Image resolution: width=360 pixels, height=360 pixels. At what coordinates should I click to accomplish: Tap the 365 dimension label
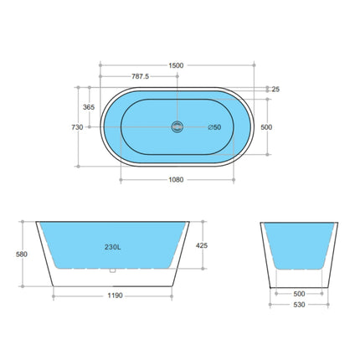(88, 107)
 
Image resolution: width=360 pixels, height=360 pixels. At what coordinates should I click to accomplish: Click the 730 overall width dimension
(76, 127)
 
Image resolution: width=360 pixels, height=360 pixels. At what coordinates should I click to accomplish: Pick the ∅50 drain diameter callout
(214, 127)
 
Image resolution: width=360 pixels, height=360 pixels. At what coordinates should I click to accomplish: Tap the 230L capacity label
(112, 247)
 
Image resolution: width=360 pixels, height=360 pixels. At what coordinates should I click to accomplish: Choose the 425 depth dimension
(214, 246)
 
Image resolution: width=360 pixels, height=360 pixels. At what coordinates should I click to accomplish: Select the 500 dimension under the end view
(299, 294)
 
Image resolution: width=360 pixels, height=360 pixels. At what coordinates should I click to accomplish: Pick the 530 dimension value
(299, 305)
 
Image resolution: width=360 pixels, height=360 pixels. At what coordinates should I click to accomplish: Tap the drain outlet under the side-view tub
(112, 270)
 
